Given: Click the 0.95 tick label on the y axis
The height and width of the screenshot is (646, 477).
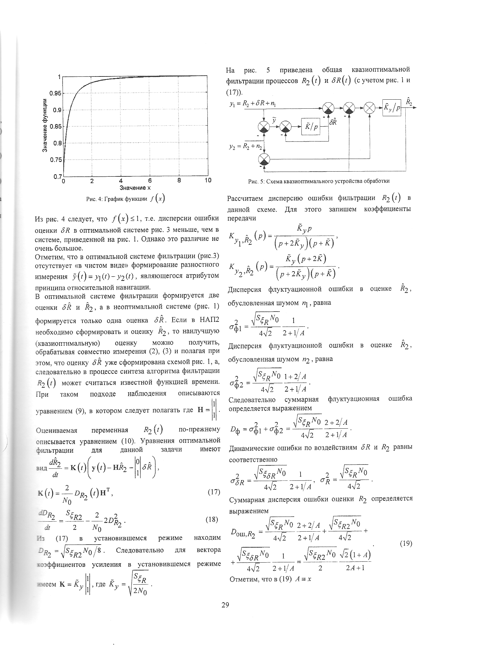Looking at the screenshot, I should point(55,93).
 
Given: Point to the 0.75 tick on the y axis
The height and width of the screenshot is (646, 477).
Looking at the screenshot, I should point(55,160).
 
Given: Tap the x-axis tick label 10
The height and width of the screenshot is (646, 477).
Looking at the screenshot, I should point(208,181).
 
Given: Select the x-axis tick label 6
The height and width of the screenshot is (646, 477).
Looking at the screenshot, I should point(150,181).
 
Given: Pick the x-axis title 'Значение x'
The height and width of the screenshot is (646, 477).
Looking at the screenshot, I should point(135,188).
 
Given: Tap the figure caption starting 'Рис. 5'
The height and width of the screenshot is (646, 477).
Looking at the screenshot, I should point(319,181).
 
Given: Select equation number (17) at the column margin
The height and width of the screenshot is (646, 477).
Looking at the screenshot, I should point(214,492).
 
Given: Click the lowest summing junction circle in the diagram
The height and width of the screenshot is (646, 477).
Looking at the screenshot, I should point(264,158).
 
